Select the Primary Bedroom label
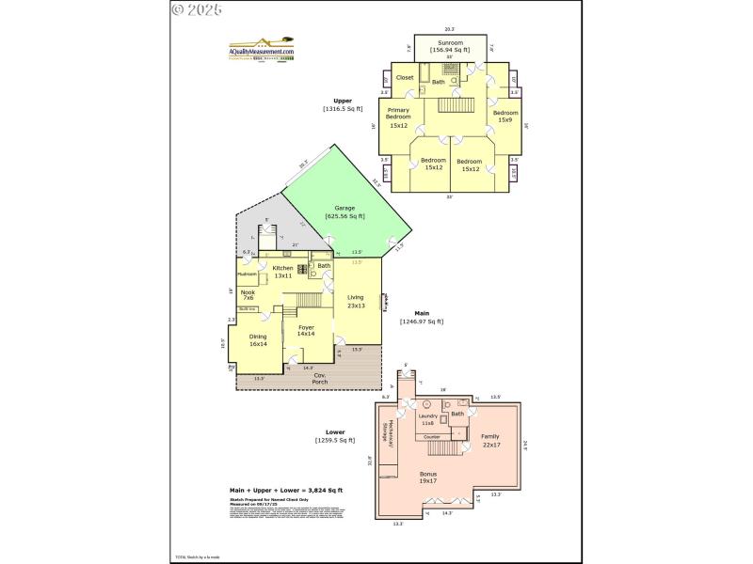(399, 117)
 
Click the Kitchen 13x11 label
(282, 272)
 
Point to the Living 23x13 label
(355, 301)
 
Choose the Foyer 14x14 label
(306, 330)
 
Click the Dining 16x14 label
(258, 340)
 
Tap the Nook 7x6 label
(248, 295)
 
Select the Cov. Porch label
(320, 378)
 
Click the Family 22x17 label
(490, 440)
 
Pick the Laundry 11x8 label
(427, 419)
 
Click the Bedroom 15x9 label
(505, 117)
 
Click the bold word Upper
(342, 101)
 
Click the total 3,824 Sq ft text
(287, 490)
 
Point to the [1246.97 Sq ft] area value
(422, 321)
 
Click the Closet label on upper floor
(405, 77)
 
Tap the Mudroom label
(248, 274)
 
